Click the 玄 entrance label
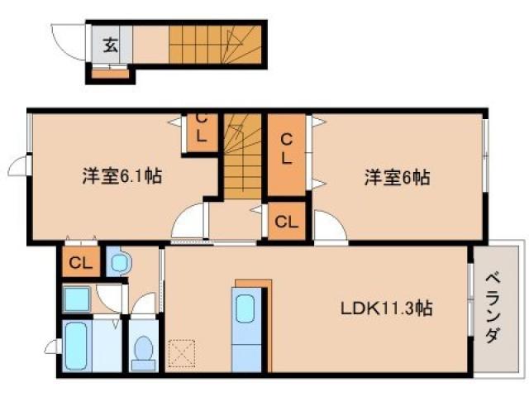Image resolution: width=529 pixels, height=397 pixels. pos(111,45)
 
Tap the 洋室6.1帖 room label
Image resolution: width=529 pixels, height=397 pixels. pos(121,175)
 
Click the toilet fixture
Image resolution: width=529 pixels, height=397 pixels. pos(144,350)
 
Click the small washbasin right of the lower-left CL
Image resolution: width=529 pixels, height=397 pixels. pos(118,263)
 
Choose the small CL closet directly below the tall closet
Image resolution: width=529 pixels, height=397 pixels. pos(285,222)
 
